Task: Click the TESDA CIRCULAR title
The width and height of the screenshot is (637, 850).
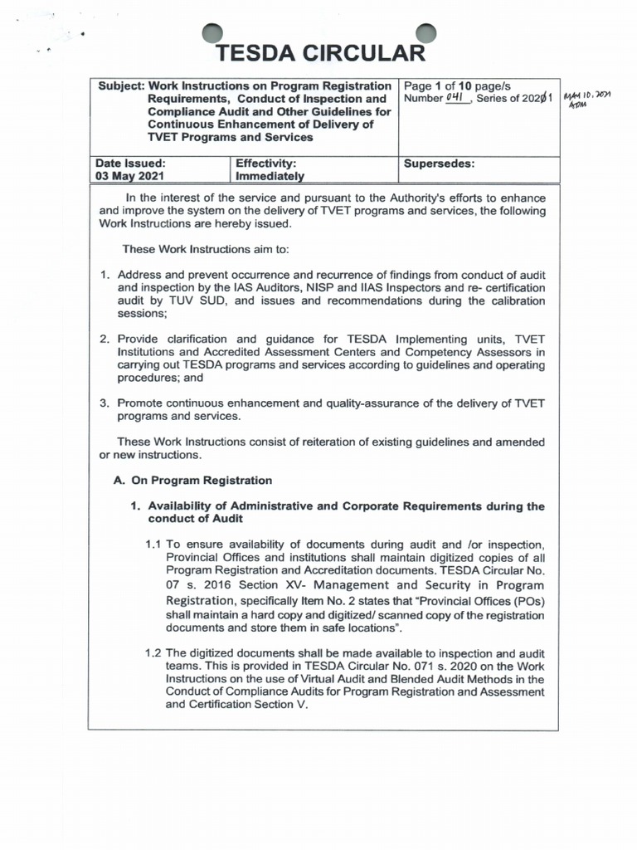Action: [x=319, y=54]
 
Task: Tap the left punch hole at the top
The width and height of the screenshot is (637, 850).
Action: [x=214, y=32]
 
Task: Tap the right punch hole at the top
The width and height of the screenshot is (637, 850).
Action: [x=425, y=32]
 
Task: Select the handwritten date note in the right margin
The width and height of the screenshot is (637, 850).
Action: [x=586, y=101]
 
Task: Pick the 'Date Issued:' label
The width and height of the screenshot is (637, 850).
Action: [x=130, y=164]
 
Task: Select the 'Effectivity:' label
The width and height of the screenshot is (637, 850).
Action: [x=266, y=164]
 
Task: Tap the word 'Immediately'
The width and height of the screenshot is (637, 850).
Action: [x=270, y=177]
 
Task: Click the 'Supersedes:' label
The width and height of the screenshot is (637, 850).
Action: [x=439, y=164]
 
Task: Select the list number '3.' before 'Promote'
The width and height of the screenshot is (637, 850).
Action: [x=105, y=403]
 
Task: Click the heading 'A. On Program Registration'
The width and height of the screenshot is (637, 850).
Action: [x=192, y=480]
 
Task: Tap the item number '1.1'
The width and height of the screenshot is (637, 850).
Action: [x=153, y=545]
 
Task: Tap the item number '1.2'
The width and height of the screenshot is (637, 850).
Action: [x=153, y=652]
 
